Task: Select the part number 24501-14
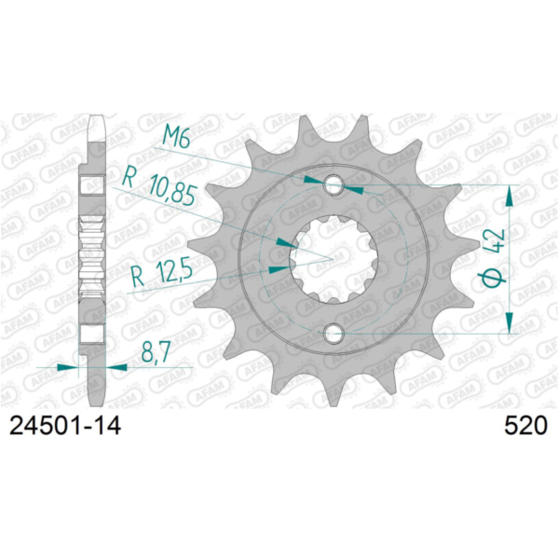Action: [66, 426]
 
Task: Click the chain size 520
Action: [524, 426]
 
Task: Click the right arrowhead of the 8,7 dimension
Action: [118, 367]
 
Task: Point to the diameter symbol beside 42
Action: [495, 277]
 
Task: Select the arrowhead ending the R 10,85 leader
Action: [287, 241]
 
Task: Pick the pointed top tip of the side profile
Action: [93, 118]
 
